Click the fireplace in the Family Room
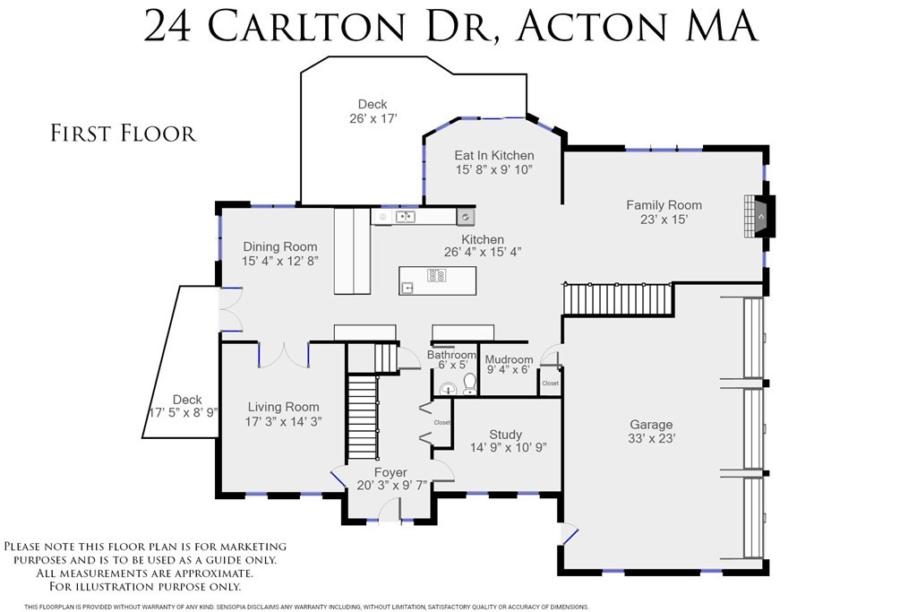[x=759, y=216]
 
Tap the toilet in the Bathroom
[x=469, y=384]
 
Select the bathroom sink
[x=448, y=388]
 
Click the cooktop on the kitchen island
[x=436, y=274]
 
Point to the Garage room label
[x=651, y=424]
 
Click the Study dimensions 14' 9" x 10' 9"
[x=509, y=448]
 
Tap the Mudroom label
[x=509, y=359]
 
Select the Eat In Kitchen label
[x=494, y=155]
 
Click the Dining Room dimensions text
[x=280, y=261]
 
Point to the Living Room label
[x=284, y=407]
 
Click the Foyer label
[x=390, y=472]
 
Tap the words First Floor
[x=123, y=134]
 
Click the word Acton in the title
[x=592, y=26]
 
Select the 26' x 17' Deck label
[x=373, y=111]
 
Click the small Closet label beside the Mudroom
[x=551, y=384]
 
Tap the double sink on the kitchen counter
[x=406, y=217]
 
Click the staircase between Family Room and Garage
[x=618, y=299]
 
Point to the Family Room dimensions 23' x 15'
[x=664, y=220]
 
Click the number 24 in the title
[x=167, y=27]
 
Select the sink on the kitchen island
[x=408, y=287]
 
